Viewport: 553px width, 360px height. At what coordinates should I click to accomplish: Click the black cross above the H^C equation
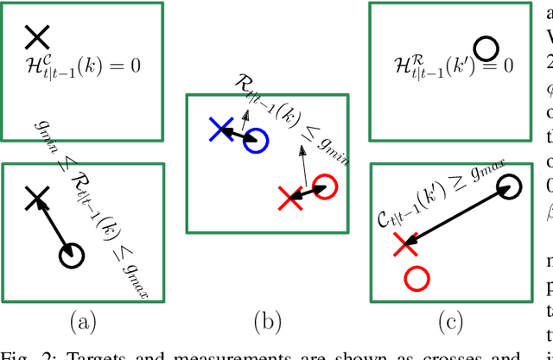[x=37, y=36]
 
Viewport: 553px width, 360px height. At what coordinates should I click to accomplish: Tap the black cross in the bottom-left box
[x=35, y=199]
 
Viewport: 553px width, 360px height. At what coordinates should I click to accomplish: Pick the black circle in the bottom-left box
[x=72, y=254]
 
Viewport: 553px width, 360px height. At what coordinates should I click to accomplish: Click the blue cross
[x=220, y=129]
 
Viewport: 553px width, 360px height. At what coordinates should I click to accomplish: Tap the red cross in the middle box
[x=289, y=199]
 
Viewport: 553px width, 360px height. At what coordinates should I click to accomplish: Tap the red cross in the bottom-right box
[x=401, y=245]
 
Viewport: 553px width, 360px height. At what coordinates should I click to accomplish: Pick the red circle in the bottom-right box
[x=416, y=278]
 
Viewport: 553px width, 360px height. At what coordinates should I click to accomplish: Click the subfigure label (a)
[x=82, y=323]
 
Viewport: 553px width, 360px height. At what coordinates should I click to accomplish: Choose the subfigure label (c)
[x=450, y=323]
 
